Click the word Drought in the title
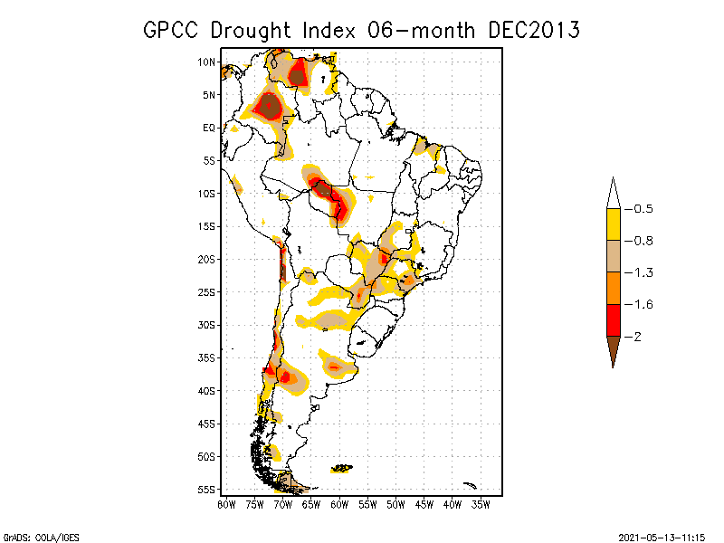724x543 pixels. (251, 30)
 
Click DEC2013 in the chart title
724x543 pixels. (533, 30)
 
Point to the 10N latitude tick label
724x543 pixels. (205, 62)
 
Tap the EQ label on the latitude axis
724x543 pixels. (208, 128)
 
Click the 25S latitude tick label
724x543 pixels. (205, 291)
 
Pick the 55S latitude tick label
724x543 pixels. (205, 490)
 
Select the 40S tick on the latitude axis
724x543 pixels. (205, 391)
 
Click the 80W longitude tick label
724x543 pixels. (226, 504)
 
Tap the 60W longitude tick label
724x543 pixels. (339, 504)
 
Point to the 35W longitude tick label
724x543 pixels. (481, 504)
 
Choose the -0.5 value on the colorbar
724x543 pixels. (643, 209)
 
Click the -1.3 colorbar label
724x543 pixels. (643, 272)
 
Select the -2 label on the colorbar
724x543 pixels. (638, 337)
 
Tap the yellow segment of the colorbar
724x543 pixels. (613, 224)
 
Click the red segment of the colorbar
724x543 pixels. (613, 319)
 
